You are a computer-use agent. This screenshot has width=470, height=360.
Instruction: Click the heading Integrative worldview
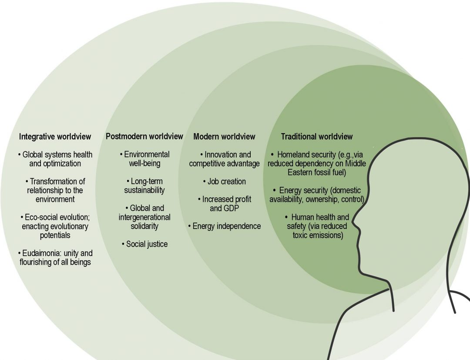click(x=55, y=137)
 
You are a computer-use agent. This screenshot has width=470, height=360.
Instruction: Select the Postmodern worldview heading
click(x=144, y=137)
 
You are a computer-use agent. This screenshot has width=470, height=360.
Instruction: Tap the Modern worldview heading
click(x=224, y=137)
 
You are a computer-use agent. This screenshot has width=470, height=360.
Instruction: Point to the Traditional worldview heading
click(x=316, y=137)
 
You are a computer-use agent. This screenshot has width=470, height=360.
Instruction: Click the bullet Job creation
click(x=224, y=182)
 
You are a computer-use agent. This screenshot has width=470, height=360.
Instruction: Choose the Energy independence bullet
click(x=225, y=226)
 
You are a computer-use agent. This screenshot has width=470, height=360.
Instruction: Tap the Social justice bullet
click(x=144, y=244)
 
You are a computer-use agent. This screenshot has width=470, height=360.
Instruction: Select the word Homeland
click(x=293, y=155)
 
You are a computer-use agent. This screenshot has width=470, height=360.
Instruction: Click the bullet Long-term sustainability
click(x=144, y=186)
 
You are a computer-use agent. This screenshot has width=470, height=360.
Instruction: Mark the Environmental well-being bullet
click(x=144, y=159)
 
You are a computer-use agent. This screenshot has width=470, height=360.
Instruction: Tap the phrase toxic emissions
click(x=318, y=235)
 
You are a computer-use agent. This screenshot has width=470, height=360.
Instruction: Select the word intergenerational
click(x=144, y=217)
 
